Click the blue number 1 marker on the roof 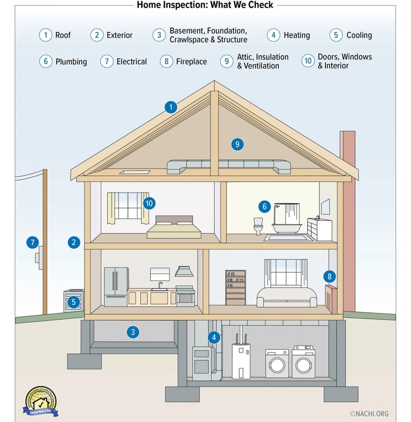[x=171, y=108]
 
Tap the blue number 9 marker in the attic [x=238, y=144]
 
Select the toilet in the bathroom [x=258, y=226]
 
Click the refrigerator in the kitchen [x=116, y=287]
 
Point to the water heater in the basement [x=241, y=361]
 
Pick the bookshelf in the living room [x=235, y=287]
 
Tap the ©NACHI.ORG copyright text [x=369, y=413]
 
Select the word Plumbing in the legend [x=71, y=62]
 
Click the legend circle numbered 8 [x=166, y=61]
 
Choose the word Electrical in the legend [x=132, y=62]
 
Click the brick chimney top [x=347, y=136]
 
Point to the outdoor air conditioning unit [x=74, y=301]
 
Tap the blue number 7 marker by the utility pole [x=33, y=242]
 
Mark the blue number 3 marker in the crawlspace [x=133, y=332]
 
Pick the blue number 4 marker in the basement [x=214, y=337]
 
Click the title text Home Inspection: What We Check [x=205, y=5]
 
